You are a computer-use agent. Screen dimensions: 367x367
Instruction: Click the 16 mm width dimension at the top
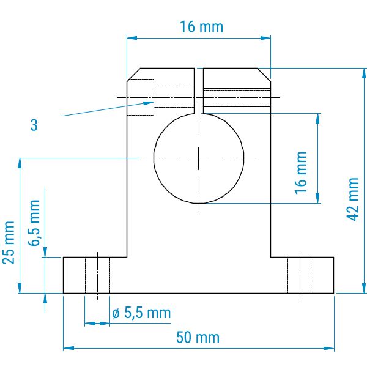tap(201, 27)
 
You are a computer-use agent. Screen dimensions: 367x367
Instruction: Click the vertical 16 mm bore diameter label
tap(301, 172)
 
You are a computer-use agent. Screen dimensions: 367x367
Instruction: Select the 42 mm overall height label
tap(352, 199)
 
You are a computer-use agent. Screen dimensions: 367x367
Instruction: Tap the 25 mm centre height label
tap(9, 242)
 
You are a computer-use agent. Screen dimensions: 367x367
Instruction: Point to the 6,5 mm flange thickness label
tap(34, 223)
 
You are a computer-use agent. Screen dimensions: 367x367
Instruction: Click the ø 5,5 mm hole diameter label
tap(141, 313)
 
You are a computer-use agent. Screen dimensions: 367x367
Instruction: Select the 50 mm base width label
tap(198, 337)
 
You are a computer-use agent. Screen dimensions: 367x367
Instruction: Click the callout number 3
tap(34, 125)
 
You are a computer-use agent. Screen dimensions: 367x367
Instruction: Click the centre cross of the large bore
tap(199, 158)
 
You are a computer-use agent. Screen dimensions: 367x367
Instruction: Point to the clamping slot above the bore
tap(199, 91)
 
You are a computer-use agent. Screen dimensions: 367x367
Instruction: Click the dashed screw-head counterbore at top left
tap(141, 97)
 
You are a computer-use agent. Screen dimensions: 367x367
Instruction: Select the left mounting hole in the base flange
tap(98, 275)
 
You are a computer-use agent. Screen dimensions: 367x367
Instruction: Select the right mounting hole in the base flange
tap(300, 275)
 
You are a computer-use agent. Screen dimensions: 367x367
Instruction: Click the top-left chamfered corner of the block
tap(133, 75)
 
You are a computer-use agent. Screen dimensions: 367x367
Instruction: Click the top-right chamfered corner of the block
tap(264, 75)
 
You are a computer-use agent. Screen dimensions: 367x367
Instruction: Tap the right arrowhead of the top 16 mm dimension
tap(265, 38)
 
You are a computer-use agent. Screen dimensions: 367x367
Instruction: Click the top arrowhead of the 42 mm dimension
tap(364, 73)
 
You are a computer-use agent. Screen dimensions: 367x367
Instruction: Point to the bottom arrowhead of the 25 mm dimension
tap(20, 287)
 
